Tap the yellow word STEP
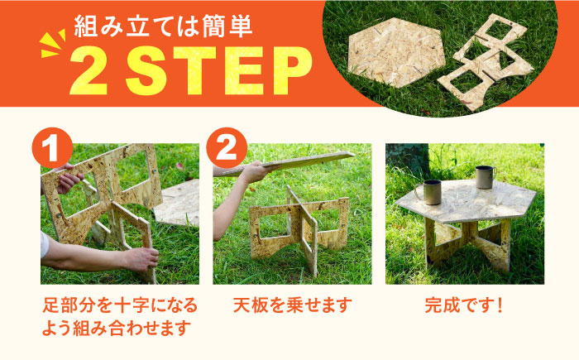pyautogui.click(x=218, y=71)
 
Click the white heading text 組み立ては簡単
pyautogui.click(x=163, y=26)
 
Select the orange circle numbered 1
pyautogui.click(x=52, y=148)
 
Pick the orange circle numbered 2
pyautogui.click(x=227, y=148)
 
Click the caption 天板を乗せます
pyautogui.click(x=293, y=305)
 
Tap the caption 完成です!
pyautogui.click(x=464, y=305)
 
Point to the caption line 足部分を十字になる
pyautogui.click(x=121, y=305)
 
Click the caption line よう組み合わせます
pyautogui.click(x=117, y=328)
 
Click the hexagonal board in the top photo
pyautogui.click(x=396, y=52)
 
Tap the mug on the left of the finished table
pyautogui.click(x=429, y=192)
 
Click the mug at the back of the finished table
pyautogui.click(x=485, y=177)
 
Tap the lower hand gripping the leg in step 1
pyautogui.click(x=141, y=259)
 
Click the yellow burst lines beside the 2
pyautogui.click(x=52, y=45)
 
